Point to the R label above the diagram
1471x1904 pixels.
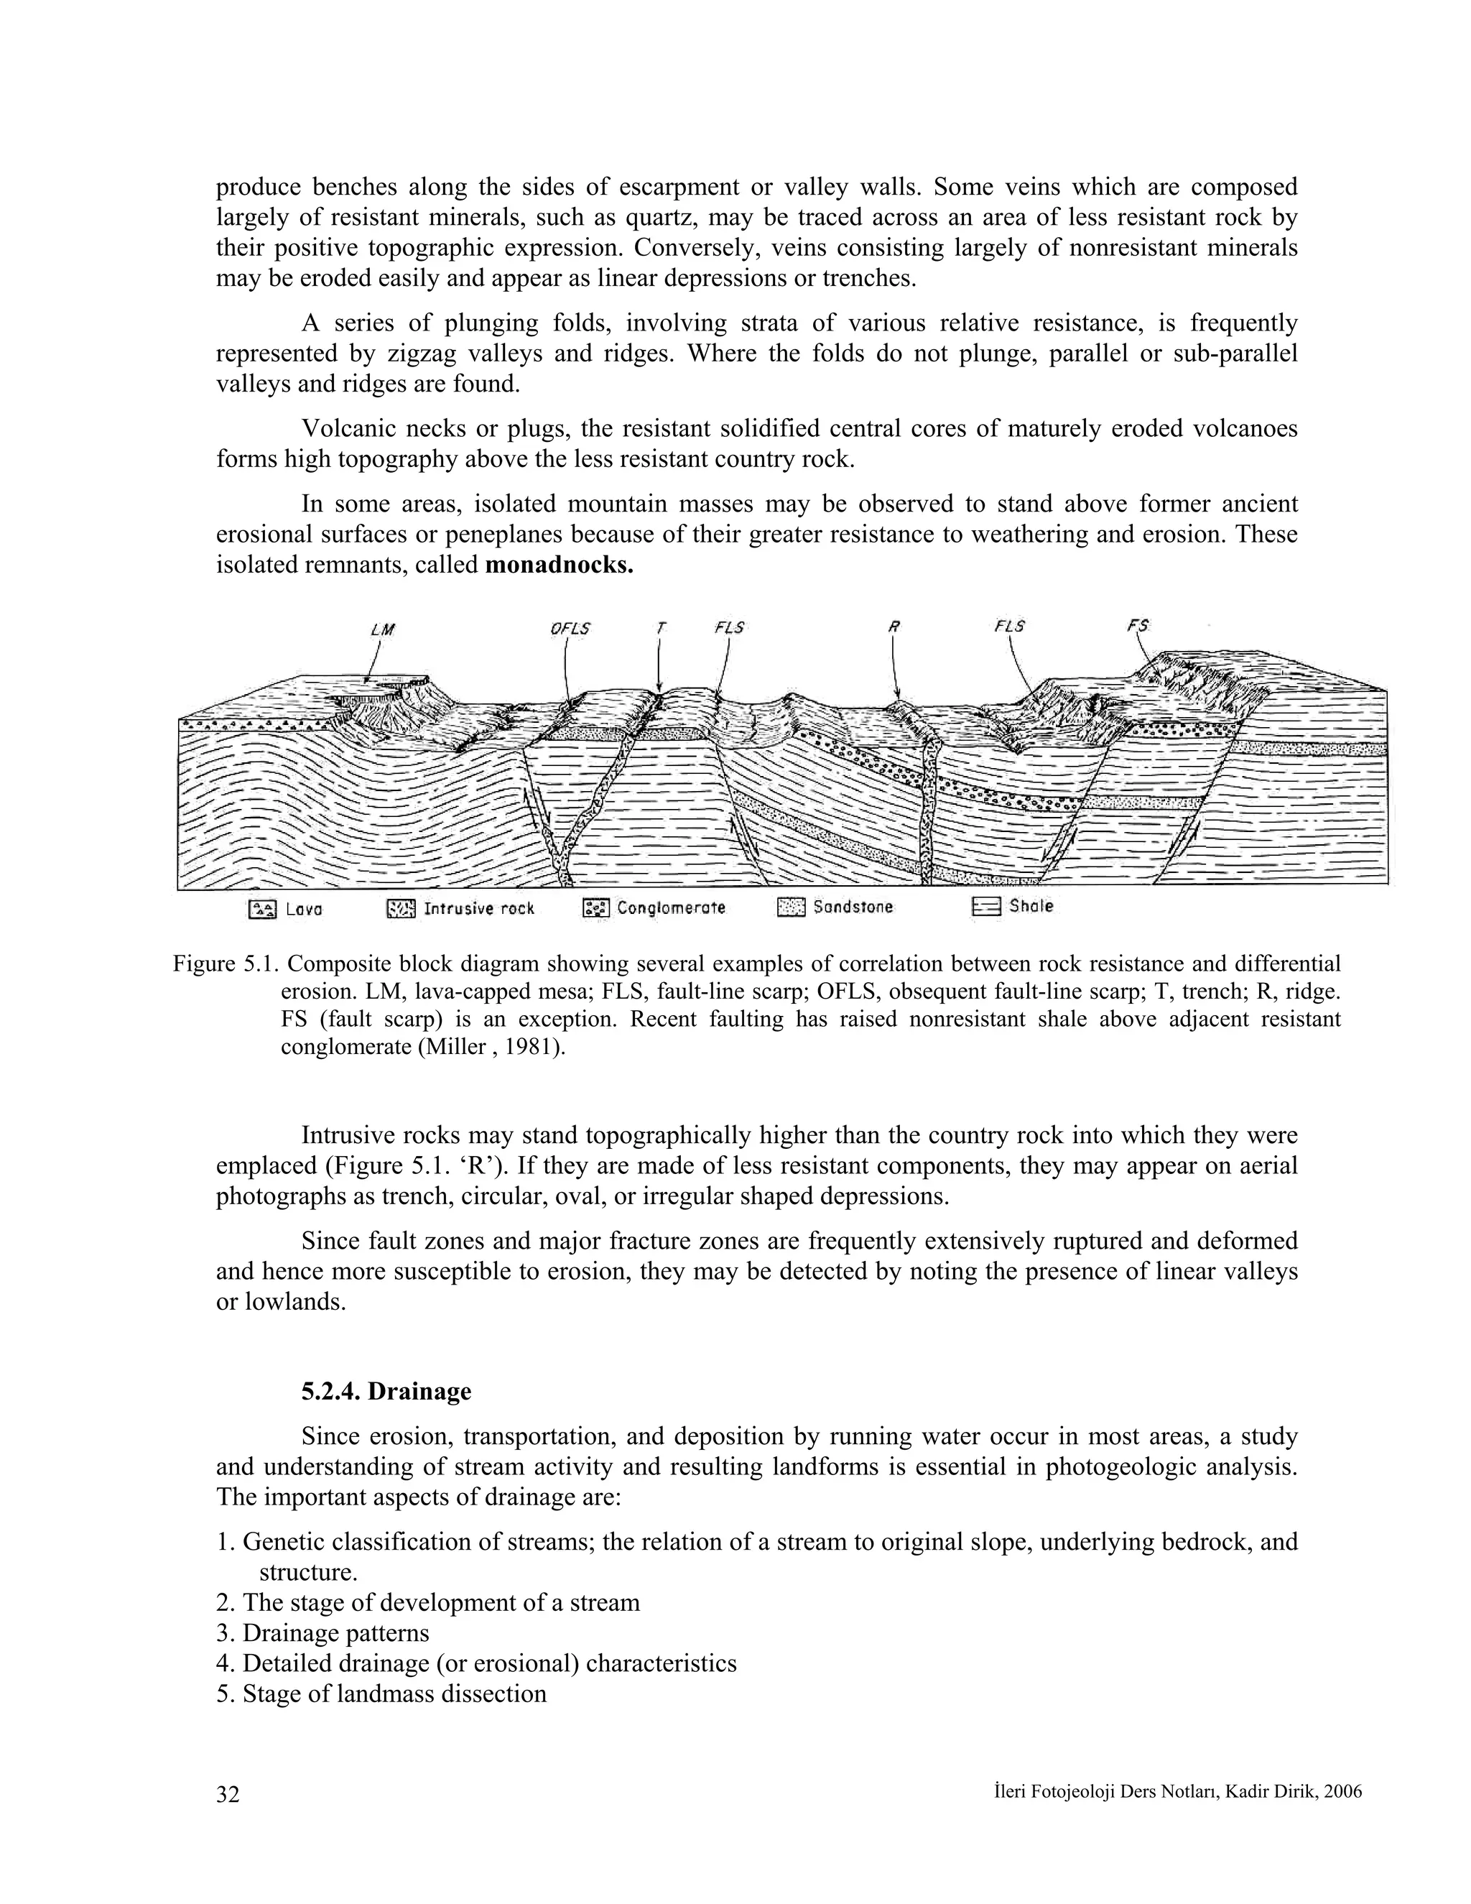(894, 627)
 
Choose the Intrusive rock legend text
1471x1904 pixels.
(478, 908)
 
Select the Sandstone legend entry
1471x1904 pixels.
(853, 907)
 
